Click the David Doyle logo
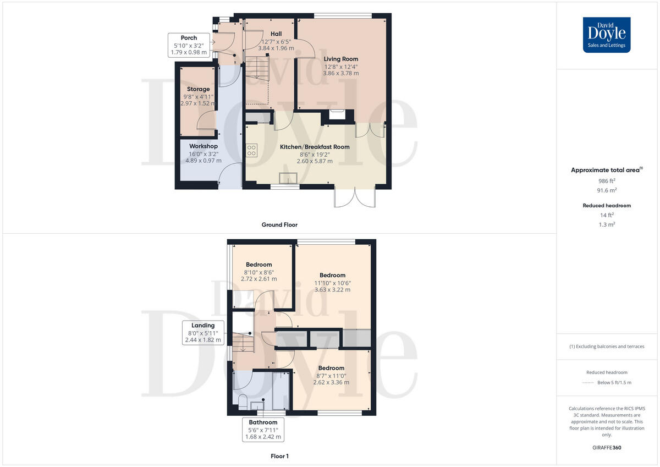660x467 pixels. (x=607, y=35)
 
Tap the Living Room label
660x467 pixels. (x=341, y=59)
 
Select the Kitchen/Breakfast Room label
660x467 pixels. (x=315, y=147)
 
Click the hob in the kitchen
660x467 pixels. (x=251, y=150)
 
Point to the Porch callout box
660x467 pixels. (x=189, y=45)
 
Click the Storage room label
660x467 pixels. (x=198, y=89)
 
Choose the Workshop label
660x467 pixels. (x=203, y=146)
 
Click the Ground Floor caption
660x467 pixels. (x=279, y=224)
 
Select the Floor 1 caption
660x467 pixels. (x=279, y=456)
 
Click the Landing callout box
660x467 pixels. (x=203, y=333)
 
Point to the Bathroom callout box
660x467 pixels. (x=263, y=430)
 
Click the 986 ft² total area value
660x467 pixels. (x=607, y=180)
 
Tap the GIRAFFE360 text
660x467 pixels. (x=607, y=448)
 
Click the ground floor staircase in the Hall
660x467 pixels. (x=257, y=69)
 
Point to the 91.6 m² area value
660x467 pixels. (x=607, y=190)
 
